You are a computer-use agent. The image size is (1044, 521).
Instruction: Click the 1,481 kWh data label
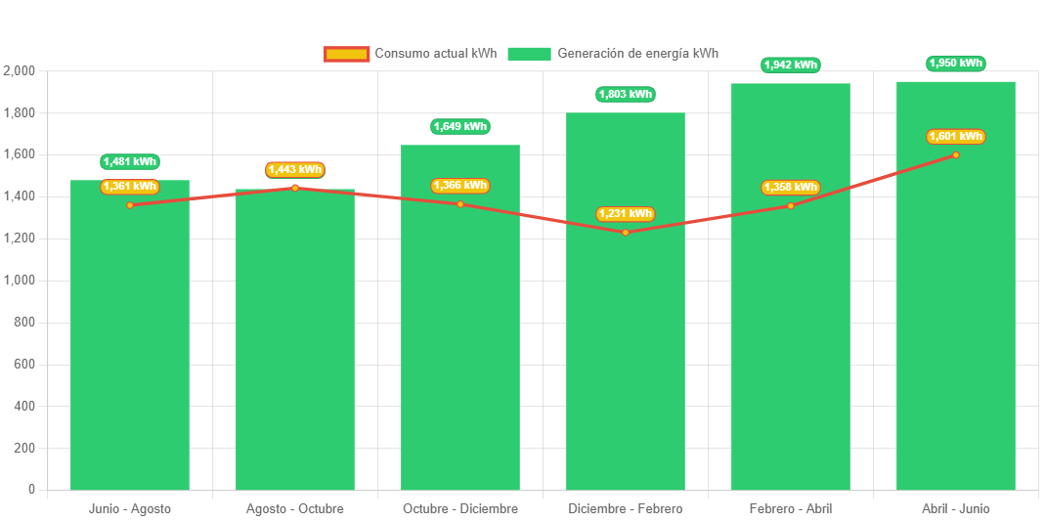(x=129, y=162)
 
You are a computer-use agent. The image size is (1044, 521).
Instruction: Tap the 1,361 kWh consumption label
(x=129, y=187)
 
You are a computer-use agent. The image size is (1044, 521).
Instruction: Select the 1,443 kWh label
(x=294, y=170)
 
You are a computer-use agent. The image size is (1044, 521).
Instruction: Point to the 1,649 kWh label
(x=459, y=127)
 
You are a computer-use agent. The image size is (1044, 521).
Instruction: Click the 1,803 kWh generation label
(x=625, y=95)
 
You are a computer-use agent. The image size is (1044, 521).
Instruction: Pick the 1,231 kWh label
(x=625, y=214)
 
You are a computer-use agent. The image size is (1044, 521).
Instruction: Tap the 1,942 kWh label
(x=790, y=65)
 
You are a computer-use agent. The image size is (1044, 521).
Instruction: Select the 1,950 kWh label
(x=955, y=64)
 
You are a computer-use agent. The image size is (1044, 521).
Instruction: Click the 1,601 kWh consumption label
(x=955, y=137)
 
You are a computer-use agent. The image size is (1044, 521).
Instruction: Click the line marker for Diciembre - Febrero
(x=626, y=232)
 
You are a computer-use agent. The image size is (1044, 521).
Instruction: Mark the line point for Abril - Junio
(x=956, y=154)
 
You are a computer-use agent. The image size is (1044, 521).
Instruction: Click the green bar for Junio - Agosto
(x=130, y=342)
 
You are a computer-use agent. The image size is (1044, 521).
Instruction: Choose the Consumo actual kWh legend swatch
(x=346, y=54)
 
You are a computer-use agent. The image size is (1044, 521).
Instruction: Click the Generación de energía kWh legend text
(x=637, y=54)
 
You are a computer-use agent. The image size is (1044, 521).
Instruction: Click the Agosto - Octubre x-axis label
(x=294, y=509)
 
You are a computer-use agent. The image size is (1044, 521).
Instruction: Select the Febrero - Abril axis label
(x=790, y=509)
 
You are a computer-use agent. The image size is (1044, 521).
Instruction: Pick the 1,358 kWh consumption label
(x=790, y=188)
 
